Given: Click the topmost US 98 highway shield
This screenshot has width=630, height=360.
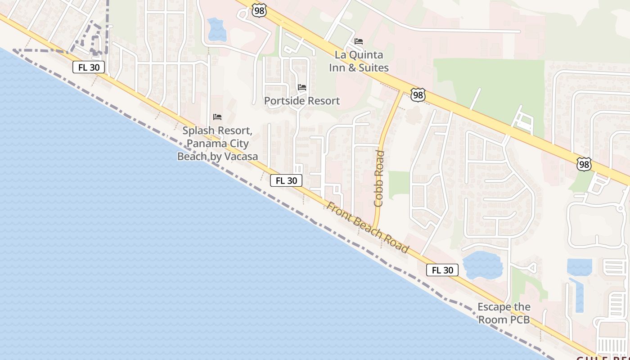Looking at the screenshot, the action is pyautogui.click(x=259, y=11).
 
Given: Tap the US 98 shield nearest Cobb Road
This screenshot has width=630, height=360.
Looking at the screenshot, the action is pyautogui.click(x=418, y=94).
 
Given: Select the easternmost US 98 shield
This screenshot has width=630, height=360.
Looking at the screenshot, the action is pyautogui.click(x=584, y=164).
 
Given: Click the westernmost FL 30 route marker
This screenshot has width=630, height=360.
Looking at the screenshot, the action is pyautogui.click(x=89, y=67).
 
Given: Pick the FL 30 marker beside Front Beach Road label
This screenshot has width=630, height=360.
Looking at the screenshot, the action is pyautogui.click(x=286, y=180).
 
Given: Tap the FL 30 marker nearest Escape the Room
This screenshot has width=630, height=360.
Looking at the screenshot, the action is pyautogui.click(x=442, y=270).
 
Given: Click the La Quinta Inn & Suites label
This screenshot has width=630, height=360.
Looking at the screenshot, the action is pyautogui.click(x=359, y=61).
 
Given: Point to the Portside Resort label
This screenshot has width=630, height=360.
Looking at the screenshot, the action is pyautogui.click(x=302, y=101).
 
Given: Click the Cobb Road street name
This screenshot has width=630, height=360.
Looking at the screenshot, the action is pyautogui.click(x=379, y=179).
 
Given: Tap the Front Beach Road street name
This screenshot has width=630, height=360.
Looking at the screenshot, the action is pyautogui.click(x=368, y=227).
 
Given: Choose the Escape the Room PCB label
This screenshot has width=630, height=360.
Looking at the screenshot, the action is pyautogui.click(x=504, y=313).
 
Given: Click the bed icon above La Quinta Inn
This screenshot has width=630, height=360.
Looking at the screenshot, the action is pyautogui.click(x=359, y=41).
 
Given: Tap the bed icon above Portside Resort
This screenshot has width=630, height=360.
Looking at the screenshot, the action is pyautogui.click(x=302, y=87).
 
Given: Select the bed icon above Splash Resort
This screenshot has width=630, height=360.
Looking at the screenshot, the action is pyautogui.click(x=217, y=117).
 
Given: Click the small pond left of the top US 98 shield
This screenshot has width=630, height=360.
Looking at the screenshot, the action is pyautogui.click(x=217, y=29).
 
